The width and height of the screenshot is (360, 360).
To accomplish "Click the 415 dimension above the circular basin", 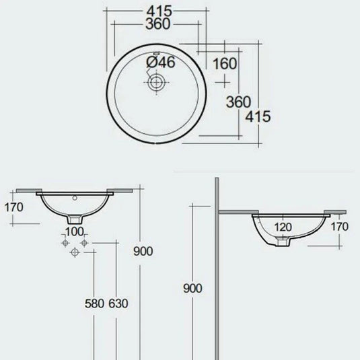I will [x=159, y=10].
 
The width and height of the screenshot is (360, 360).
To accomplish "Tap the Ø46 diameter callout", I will [x=160, y=62].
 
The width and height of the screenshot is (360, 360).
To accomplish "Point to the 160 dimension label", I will [x=224, y=65].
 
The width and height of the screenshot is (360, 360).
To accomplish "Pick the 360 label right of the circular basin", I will [x=238, y=102].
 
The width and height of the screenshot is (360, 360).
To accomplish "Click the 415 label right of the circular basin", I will [x=258, y=116].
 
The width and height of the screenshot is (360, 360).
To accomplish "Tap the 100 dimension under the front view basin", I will [x=74, y=231].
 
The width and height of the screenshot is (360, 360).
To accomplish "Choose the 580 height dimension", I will [x=94, y=303].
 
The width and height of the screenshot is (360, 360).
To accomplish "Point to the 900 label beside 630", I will [x=143, y=251].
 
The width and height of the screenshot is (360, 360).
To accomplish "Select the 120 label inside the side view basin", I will [x=283, y=227].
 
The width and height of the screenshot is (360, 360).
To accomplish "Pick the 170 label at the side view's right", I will [x=339, y=227].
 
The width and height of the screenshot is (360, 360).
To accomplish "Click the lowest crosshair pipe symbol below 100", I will [x=74, y=252].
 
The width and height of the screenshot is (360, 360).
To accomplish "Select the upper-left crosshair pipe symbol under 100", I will [x=65, y=241].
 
